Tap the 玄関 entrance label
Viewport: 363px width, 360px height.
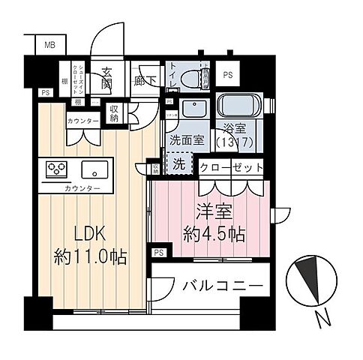(107, 78)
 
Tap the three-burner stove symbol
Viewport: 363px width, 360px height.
(58, 168)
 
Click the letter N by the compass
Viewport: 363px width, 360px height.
(323, 319)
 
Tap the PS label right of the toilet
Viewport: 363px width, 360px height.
(227, 75)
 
